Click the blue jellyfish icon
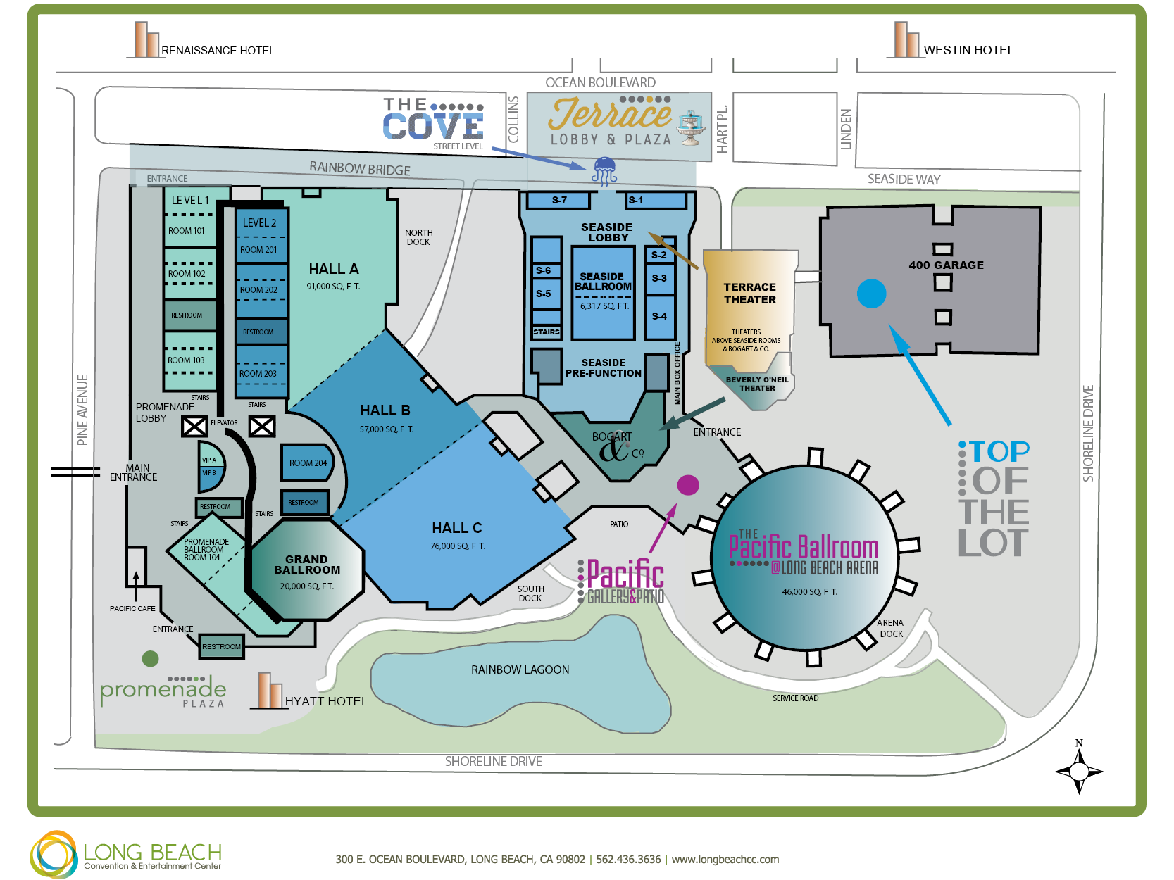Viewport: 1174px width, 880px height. [604, 171]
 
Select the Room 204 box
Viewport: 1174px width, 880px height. [306, 463]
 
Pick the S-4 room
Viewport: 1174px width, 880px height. [659, 317]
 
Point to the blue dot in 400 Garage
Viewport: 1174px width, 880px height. [871, 294]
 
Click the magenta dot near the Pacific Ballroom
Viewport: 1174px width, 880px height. [688, 485]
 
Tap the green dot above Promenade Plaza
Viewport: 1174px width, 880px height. [150, 658]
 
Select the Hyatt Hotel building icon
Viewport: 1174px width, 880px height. [268, 690]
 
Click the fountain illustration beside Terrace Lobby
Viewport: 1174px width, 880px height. [690, 128]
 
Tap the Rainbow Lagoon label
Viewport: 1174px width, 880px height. [520, 670]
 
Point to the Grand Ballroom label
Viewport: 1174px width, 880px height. [307, 565]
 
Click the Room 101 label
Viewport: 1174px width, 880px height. [186, 231]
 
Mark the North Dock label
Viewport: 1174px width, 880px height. [418, 237]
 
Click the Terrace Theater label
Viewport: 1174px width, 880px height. [749, 294]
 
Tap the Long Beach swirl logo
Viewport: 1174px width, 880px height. [54, 854]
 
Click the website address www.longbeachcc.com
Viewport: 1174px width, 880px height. [725, 859]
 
